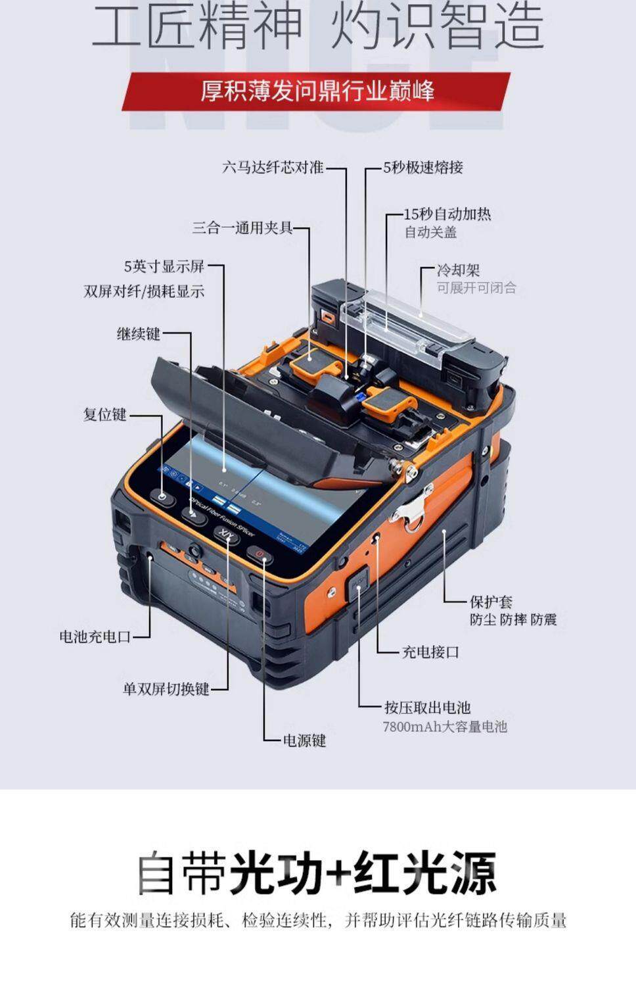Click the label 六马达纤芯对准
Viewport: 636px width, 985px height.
point(273,168)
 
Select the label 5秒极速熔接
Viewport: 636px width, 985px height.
point(423,168)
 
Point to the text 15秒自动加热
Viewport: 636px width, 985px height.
point(447,214)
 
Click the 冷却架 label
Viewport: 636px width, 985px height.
point(459,270)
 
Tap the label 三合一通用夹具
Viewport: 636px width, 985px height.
point(242,228)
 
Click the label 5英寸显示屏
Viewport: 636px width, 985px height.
point(164,267)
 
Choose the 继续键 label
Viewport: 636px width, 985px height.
point(139,334)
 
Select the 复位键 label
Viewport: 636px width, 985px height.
point(104,415)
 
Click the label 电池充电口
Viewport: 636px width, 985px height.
point(95,637)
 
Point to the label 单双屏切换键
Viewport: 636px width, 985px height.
point(166,688)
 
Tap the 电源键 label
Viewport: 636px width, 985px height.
point(304,740)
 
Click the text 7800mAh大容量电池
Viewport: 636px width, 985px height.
point(445,727)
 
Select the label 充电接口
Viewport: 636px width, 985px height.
point(430,652)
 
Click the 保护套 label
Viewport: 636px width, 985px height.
point(491,601)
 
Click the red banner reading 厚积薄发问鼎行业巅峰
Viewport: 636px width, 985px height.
point(317,91)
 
